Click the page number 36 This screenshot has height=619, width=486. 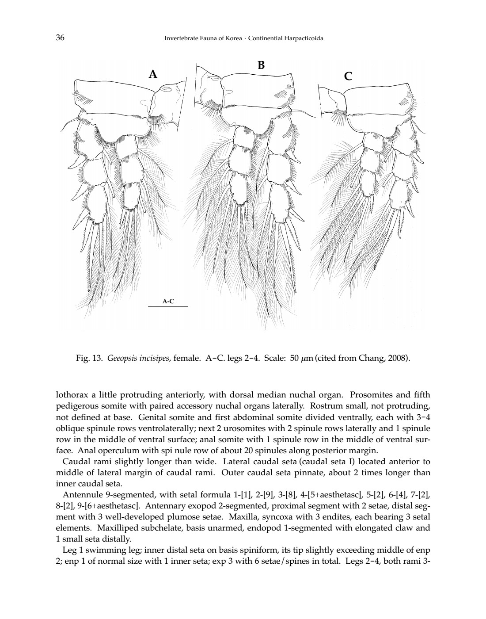61,38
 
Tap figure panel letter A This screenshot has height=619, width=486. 153,74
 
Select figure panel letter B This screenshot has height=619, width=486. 261,65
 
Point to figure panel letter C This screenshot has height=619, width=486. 348,76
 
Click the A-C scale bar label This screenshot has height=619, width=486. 168,302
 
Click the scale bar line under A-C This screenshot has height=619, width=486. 168,306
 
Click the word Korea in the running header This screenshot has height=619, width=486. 232,38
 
